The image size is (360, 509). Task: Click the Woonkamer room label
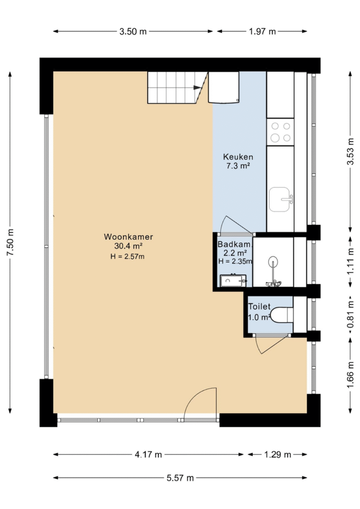[x=128, y=236]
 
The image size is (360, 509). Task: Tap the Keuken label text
[x=238, y=157]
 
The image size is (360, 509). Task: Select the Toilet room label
[x=259, y=306]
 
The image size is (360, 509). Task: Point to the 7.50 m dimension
[x=10, y=242]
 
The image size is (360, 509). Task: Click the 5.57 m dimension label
[x=180, y=478]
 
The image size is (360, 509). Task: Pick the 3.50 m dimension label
[x=133, y=31]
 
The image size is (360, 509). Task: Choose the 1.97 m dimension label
[x=262, y=31]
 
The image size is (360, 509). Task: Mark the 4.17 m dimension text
[x=148, y=455]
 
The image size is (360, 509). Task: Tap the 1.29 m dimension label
[x=277, y=455]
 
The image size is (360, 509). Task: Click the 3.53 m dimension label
[x=350, y=152]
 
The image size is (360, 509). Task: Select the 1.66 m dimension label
[x=350, y=375]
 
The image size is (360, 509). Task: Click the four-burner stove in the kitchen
[x=280, y=132]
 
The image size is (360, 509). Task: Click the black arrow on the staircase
[x=197, y=87]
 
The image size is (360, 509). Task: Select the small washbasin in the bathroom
[x=233, y=281]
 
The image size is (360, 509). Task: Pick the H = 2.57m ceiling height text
[x=127, y=257]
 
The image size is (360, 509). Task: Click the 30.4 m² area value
[x=128, y=246]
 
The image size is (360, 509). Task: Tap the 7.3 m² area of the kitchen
[x=238, y=166]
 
